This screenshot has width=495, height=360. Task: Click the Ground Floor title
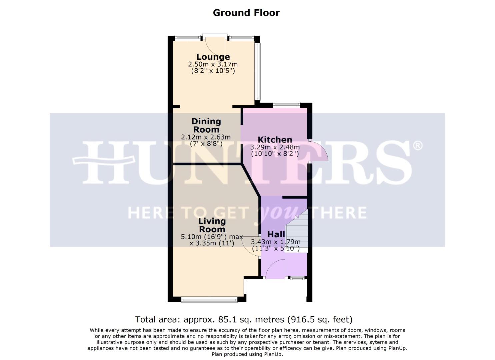coord(246,13)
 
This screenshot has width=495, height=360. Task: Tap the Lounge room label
coord(213,57)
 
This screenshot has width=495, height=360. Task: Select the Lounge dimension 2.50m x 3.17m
coord(213,64)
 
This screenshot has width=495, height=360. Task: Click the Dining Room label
coord(206,125)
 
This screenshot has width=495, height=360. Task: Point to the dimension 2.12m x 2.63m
coord(206,137)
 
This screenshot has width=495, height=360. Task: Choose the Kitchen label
coord(275,140)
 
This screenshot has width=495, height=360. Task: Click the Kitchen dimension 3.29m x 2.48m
coord(275,147)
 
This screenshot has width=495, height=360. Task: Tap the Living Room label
coord(212,225)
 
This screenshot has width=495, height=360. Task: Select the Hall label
coord(276,234)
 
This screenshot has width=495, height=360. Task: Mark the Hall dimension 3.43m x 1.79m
coord(276,242)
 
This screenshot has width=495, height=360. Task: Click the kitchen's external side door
coord(318,152)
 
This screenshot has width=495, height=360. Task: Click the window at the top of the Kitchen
coord(286,105)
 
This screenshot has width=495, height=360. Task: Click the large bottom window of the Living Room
coord(209,300)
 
